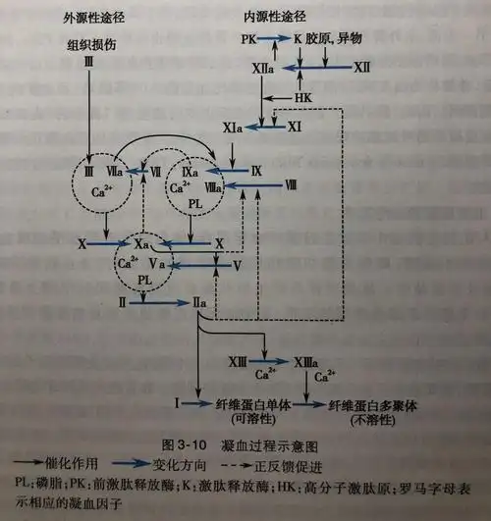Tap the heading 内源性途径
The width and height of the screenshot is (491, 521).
coord(271,19)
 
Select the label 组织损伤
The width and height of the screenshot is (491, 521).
coord(93,43)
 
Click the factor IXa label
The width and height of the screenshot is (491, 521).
coord(192,170)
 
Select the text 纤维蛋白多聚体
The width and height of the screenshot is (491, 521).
coord(374,403)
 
